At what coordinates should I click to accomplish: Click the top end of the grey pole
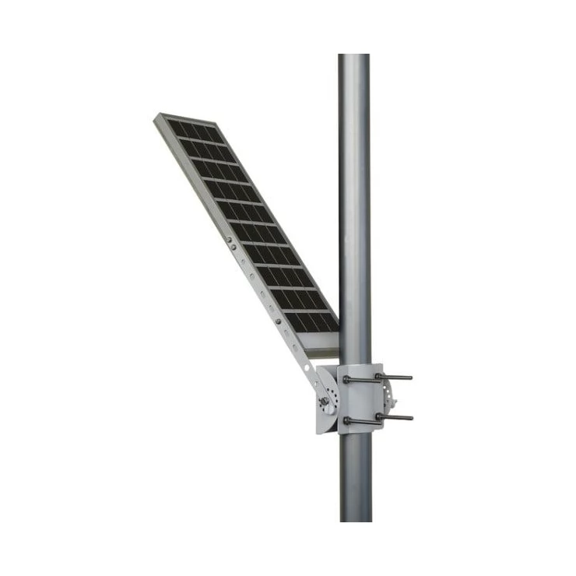pos(354,56)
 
